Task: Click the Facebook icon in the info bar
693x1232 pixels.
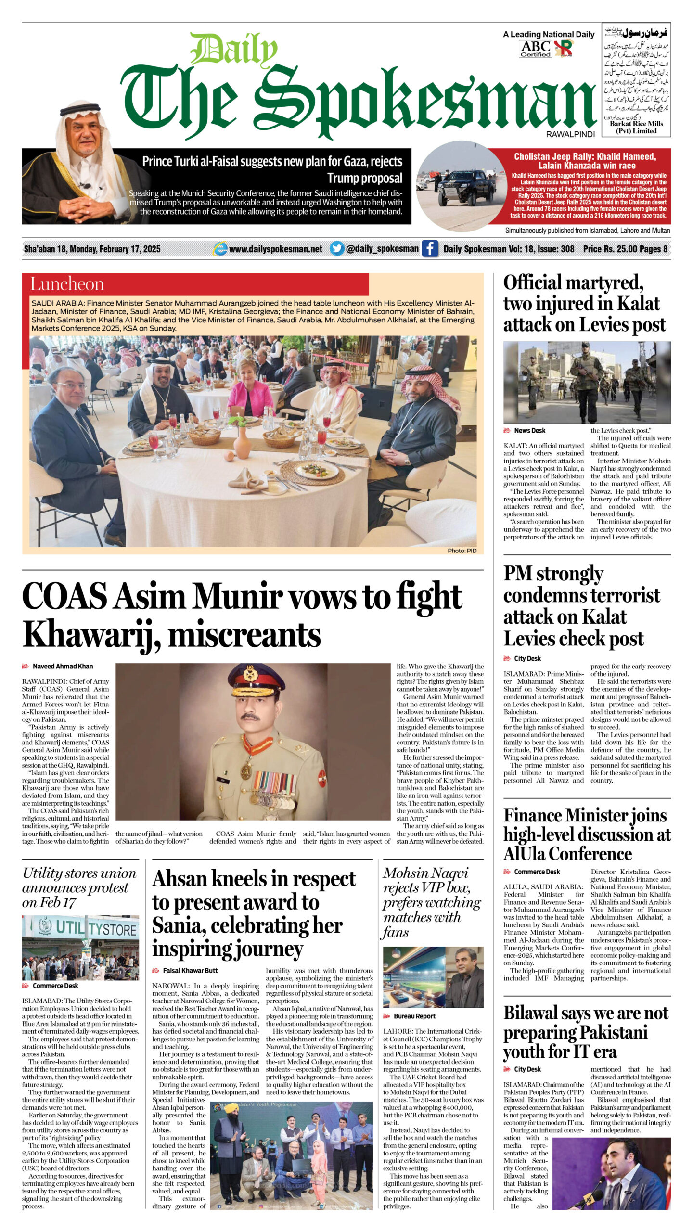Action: click(430, 249)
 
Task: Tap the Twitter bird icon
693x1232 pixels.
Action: click(337, 249)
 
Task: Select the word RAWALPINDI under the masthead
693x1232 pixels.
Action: click(570, 135)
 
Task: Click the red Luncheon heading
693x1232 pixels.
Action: click(67, 284)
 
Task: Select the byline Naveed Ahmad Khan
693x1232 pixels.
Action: click(63, 667)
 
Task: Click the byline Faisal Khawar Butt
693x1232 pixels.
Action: click(190, 971)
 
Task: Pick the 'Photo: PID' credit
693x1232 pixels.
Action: click(462, 551)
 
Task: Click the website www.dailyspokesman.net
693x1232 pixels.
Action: click(275, 249)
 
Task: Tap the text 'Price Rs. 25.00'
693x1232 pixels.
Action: click(610, 249)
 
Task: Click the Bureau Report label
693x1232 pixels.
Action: click(414, 1016)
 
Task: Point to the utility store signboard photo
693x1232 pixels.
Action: click(80, 941)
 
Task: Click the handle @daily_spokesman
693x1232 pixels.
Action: click(382, 249)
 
